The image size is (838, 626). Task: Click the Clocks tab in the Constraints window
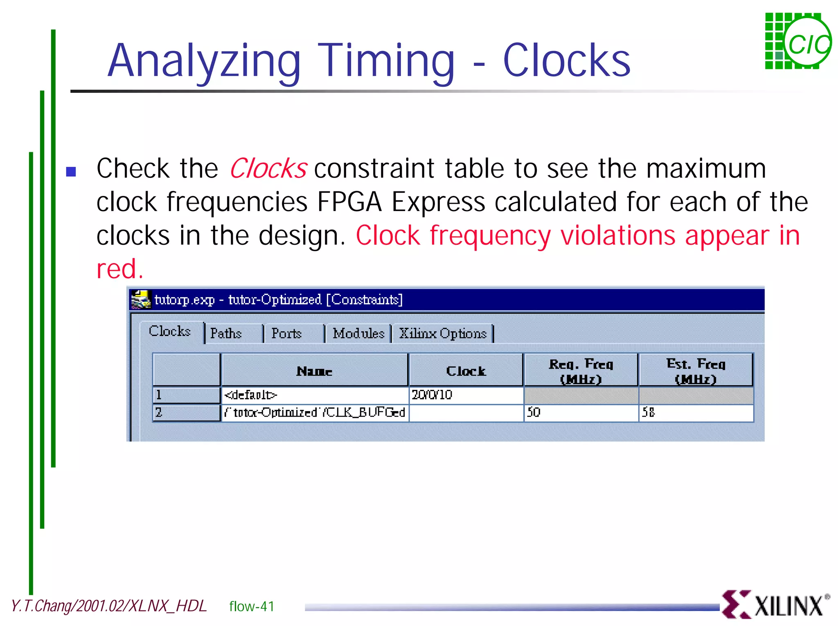(170, 331)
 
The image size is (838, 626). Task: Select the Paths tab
(226, 333)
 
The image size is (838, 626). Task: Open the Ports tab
(286, 333)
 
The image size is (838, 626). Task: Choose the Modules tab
(358, 333)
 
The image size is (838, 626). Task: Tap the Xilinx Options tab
(443, 333)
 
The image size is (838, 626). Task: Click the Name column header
(314, 371)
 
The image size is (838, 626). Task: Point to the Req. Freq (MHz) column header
(581, 371)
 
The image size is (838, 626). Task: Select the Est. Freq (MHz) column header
(696, 371)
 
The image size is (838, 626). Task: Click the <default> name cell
(314, 395)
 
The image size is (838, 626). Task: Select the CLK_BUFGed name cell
(314, 412)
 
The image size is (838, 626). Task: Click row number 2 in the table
(186, 412)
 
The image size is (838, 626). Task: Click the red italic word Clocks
(268, 169)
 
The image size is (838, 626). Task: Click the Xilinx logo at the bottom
(775, 605)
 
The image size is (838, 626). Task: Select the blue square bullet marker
(71, 171)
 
